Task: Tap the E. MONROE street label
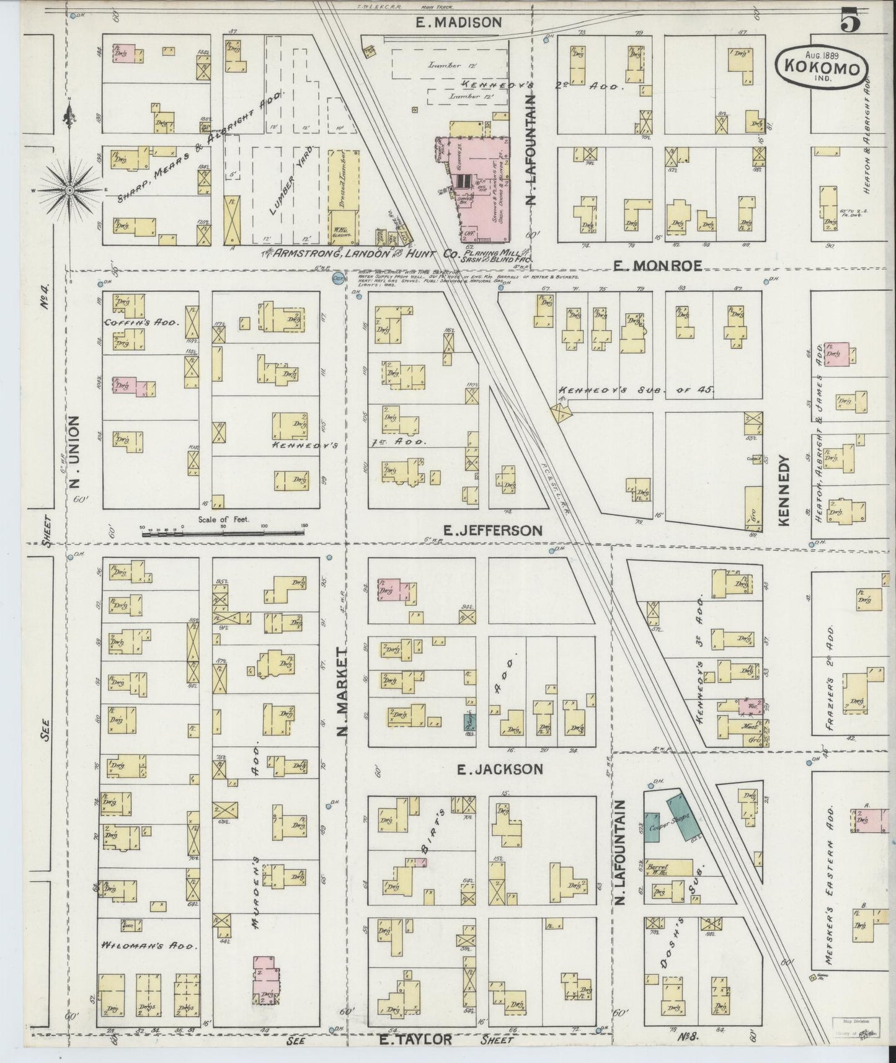point(658,265)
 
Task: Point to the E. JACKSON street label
point(500,769)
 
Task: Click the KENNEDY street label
point(784,491)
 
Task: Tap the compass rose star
point(69,189)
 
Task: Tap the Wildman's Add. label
point(148,946)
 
